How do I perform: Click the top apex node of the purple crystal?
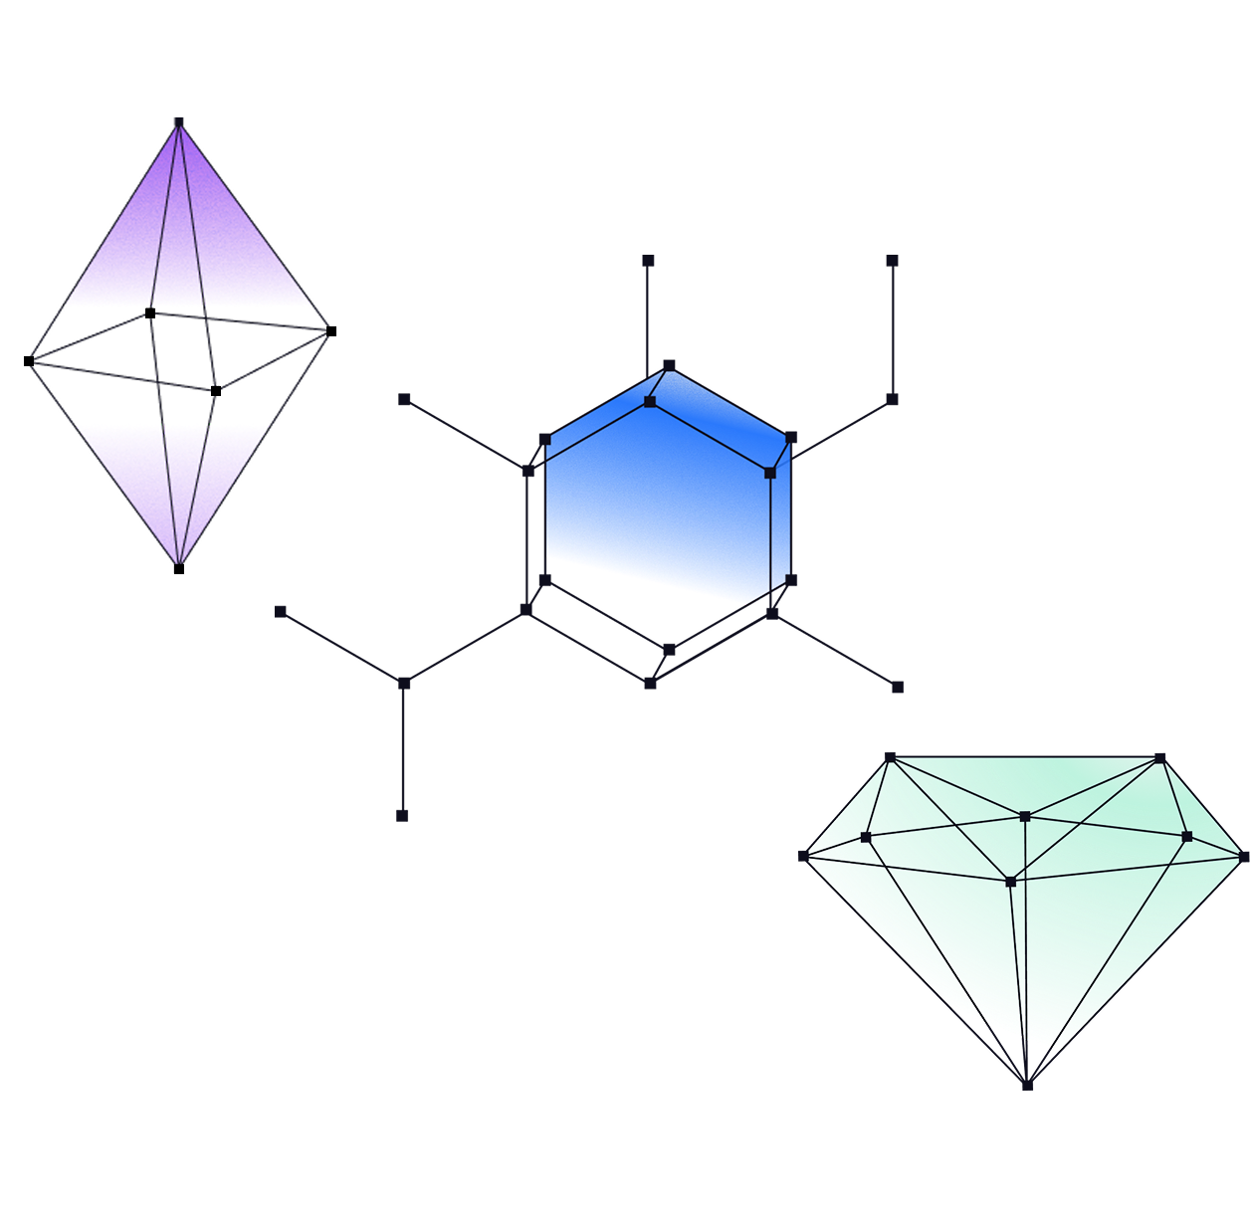tap(178, 122)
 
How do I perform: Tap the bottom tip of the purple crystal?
tap(179, 563)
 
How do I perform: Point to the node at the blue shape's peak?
tap(669, 365)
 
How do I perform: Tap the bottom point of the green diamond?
tap(1027, 1084)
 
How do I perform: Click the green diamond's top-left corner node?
tap(891, 758)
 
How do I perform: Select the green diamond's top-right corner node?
tap(1160, 758)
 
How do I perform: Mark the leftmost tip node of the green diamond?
tap(803, 856)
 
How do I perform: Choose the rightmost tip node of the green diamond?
tap(1244, 856)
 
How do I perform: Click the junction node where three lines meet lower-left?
tap(403, 684)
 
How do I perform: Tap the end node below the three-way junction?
tap(402, 815)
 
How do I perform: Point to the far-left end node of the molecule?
tap(281, 611)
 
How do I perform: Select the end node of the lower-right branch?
tap(898, 687)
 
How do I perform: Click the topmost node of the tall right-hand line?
tap(893, 261)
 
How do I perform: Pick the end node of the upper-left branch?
tap(404, 399)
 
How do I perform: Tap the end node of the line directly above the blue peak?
tap(648, 261)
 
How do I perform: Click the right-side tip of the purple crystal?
tap(327, 331)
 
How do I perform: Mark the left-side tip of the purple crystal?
tap(31, 360)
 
